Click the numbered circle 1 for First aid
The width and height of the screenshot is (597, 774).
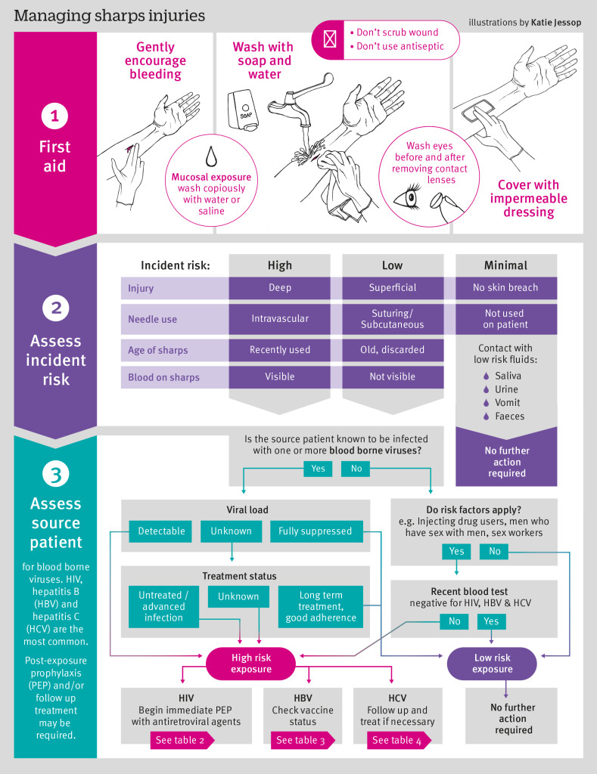54,116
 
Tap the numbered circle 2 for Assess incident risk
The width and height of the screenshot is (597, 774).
54,308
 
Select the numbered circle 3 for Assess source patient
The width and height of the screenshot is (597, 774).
54,474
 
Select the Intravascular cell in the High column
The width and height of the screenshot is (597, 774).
280,319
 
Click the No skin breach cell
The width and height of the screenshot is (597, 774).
506,288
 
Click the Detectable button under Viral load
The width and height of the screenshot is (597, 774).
160,531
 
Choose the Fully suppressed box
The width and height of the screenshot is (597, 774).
315,531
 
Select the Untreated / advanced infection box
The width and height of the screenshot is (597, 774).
164,607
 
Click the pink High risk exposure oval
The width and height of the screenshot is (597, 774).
251,664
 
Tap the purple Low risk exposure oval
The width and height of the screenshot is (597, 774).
492,664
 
